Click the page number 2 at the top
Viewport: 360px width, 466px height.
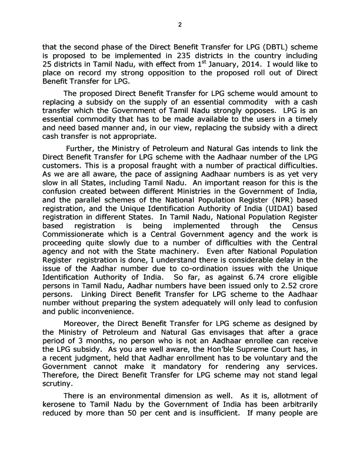point(180,24)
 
